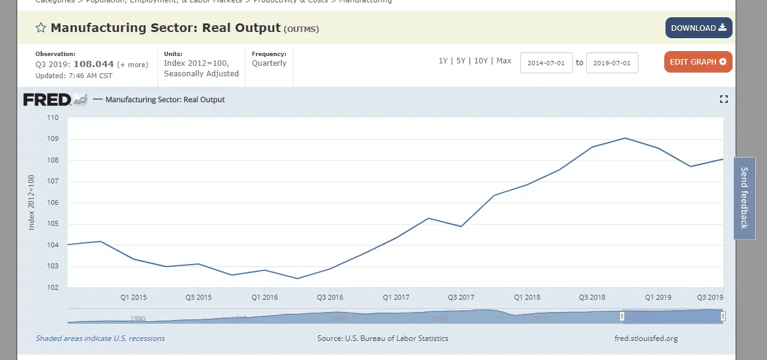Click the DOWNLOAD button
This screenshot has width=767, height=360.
coord(698,28)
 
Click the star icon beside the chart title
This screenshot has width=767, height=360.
coord(41,28)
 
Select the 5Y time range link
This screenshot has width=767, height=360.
coord(461,61)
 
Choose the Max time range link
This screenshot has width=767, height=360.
coord(504,61)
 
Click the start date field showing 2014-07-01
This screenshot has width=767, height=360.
coord(546,63)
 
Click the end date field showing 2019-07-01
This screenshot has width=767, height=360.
coord(612,63)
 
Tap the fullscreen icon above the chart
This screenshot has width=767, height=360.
coord(723,99)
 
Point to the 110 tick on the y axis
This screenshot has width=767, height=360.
coord(52,118)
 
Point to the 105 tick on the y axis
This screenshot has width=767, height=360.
coord(52,224)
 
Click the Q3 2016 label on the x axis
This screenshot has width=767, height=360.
coord(330,297)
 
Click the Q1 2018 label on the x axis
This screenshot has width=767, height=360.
coord(527,297)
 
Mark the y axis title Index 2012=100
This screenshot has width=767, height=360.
coord(32,202)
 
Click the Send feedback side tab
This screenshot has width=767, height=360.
coord(744,198)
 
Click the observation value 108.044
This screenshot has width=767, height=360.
coord(93,64)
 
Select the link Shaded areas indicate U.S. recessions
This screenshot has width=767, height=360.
coord(100,338)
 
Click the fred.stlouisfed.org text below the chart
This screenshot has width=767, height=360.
coord(646,338)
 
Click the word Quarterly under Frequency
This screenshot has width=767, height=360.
coord(269,63)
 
